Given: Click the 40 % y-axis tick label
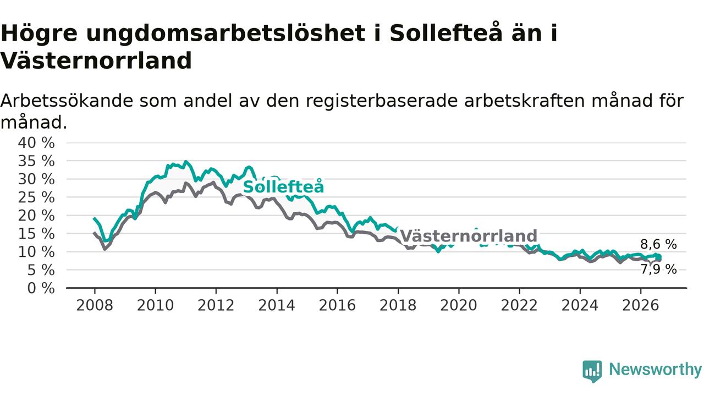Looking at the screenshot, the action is point(36,142).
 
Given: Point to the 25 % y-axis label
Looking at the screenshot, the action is point(36,197).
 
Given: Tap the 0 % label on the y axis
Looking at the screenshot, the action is point(41,288).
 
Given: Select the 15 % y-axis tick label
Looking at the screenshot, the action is point(36,234).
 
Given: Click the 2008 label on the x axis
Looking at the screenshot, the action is point(95,305).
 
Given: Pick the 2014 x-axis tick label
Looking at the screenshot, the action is point(277,305).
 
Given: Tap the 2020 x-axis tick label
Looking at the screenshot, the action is point(459,305).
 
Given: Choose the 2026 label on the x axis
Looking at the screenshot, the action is point(641,305).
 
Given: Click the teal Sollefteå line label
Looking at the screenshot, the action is point(283,186).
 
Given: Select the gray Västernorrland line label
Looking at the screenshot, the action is point(469,236).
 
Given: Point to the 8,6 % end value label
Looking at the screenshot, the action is point(658,244).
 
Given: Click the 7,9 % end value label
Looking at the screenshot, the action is point(658,269).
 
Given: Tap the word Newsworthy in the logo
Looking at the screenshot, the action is point(655,369).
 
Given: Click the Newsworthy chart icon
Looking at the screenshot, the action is point(592,371).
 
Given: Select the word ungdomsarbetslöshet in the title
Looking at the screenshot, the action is point(226,34).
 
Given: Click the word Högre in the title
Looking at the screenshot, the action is point(39,34).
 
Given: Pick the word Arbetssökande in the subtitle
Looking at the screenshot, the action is point(67,101).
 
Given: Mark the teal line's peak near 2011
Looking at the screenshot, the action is point(186,162).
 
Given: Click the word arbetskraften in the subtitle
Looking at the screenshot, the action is point(524,101).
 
